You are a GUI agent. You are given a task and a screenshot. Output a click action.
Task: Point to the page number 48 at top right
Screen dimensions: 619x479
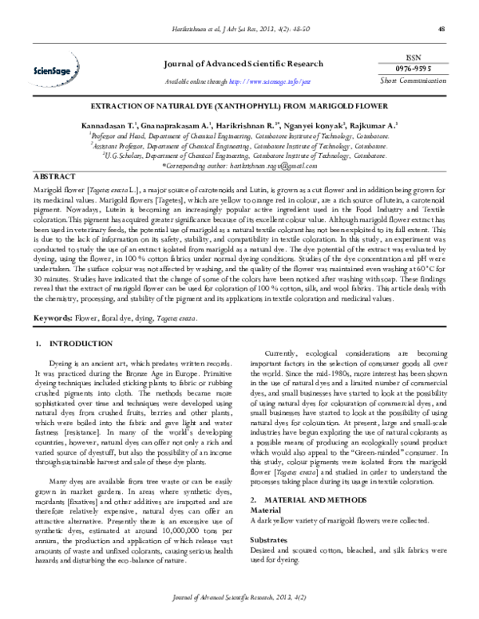[x=441, y=30]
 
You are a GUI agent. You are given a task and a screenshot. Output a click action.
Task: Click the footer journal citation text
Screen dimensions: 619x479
[x=239, y=597]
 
